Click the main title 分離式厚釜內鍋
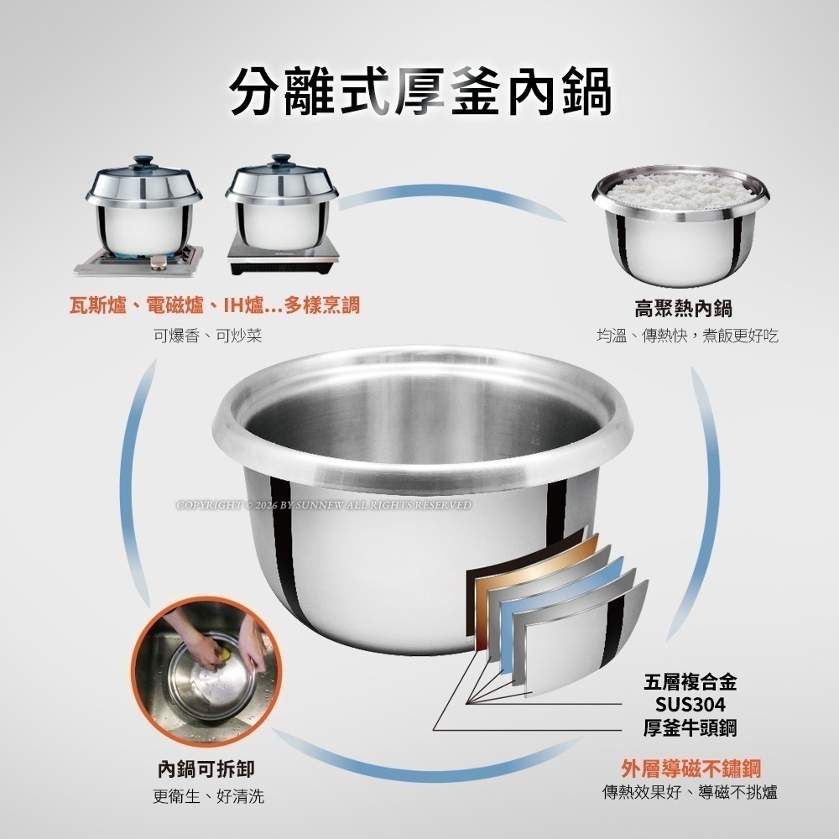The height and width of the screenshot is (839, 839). [419, 90]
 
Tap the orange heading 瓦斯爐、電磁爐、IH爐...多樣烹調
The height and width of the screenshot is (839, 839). [214, 305]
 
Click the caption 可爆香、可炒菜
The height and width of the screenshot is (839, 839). [207, 336]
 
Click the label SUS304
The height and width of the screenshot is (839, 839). [690, 703]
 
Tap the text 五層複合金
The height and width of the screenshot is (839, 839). [690, 680]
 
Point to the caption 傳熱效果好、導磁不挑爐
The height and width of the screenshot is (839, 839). [690, 792]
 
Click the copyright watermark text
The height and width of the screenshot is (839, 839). [324, 505]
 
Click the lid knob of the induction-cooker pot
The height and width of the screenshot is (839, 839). [281, 159]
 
